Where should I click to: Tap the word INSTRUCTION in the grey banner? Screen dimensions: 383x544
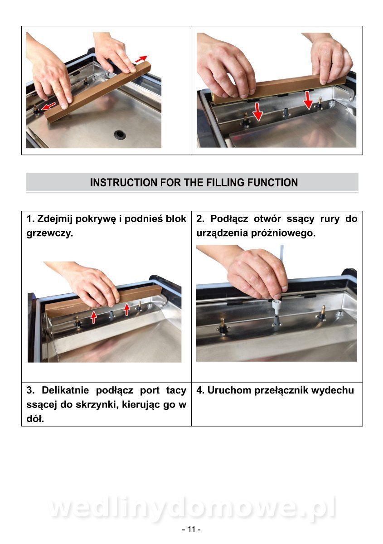coord(123,182)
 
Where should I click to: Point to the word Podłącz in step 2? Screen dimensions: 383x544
coord(229,219)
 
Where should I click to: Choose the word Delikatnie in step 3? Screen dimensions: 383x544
coord(65,390)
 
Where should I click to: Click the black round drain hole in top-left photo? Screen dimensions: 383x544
coord(120,134)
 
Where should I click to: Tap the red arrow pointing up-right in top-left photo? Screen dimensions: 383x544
coord(141,59)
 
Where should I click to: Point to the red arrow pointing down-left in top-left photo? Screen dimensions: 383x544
coord(48,106)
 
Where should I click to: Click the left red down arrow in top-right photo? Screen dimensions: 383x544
coord(257,112)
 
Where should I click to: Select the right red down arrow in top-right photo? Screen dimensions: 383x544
coord(308,100)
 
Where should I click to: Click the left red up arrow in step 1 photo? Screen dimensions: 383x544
coord(94,317)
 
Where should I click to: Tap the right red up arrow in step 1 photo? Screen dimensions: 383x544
coord(126,310)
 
